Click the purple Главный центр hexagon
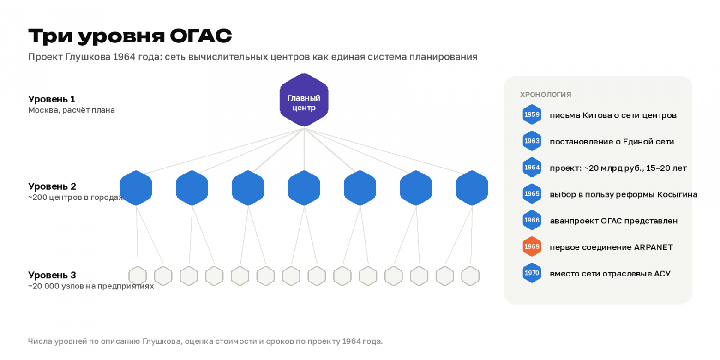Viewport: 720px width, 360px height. pyautogui.click(x=304, y=100)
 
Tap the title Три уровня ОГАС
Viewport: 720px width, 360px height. pyautogui.click(x=130, y=36)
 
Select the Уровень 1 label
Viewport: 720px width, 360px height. pyautogui.click(x=52, y=99)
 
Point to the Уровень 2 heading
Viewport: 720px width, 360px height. pyautogui.click(x=52, y=186)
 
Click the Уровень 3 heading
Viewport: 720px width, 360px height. pyautogui.click(x=52, y=275)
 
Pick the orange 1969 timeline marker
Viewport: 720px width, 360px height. pyautogui.click(x=532, y=246)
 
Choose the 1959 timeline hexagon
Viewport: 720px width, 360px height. pyautogui.click(x=532, y=114)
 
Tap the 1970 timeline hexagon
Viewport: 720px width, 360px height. pyautogui.click(x=532, y=273)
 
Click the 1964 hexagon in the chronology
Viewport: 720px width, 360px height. pyautogui.click(x=532, y=167)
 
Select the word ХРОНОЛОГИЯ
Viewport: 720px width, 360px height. pyautogui.click(x=546, y=95)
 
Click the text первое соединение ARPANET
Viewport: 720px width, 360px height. pyautogui.click(x=611, y=247)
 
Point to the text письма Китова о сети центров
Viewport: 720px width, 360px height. pyautogui.click(x=613, y=115)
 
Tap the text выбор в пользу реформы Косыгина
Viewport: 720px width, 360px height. pyautogui.click(x=624, y=194)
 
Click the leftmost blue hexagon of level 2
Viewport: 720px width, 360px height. pyautogui.click(x=136, y=188)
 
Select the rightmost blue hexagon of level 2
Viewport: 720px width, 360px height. pyautogui.click(x=472, y=188)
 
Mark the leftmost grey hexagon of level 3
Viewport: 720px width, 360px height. pyautogui.click(x=138, y=276)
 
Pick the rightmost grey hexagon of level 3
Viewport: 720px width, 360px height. pyautogui.click(x=470, y=276)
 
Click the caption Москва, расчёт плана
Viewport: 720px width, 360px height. pyautogui.click(x=72, y=110)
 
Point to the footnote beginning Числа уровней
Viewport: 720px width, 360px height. pyautogui.click(x=205, y=341)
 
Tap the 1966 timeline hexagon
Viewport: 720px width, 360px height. pyautogui.click(x=532, y=220)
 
